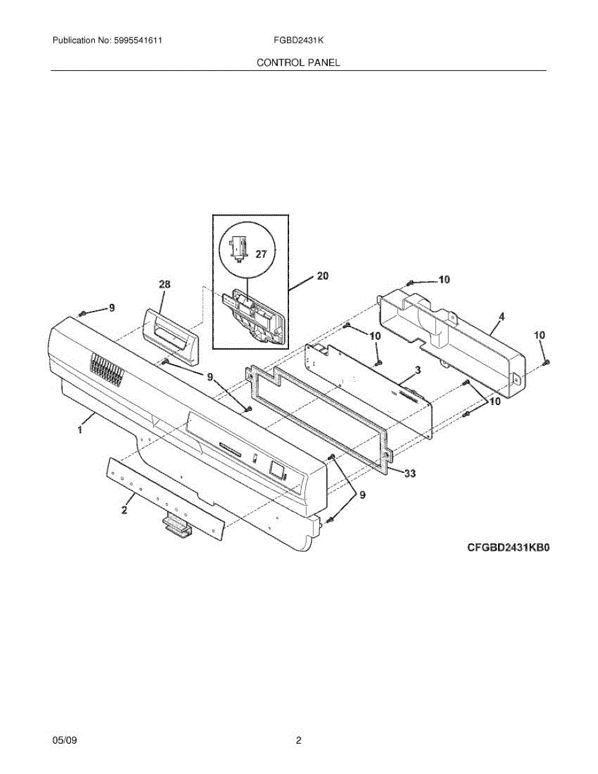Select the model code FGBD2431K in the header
click(x=298, y=41)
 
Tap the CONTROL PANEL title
click(x=298, y=63)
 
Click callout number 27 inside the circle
click(x=261, y=254)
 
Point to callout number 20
click(x=323, y=275)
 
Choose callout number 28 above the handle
click(x=165, y=284)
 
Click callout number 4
click(x=501, y=316)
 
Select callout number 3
click(x=418, y=370)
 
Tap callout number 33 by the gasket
click(x=409, y=473)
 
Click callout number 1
click(x=80, y=430)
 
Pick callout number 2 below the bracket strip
click(x=124, y=510)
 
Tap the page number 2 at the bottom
click(x=298, y=741)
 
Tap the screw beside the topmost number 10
click(x=411, y=283)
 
